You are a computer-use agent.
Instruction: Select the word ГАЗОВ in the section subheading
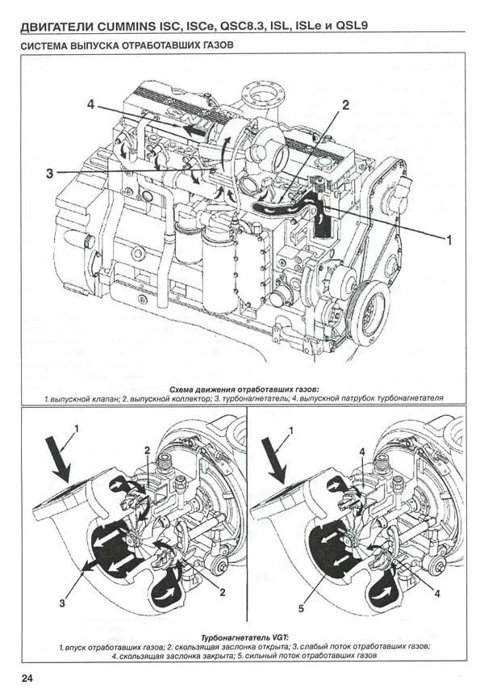pyautogui.click(x=218, y=45)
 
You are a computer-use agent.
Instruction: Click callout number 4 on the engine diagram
pyautogui.click(x=91, y=105)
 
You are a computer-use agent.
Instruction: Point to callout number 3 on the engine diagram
pyautogui.click(x=49, y=173)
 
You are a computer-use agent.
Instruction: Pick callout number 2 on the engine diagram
pyautogui.click(x=345, y=105)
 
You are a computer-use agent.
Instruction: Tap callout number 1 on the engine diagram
pyautogui.click(x=449, y=240)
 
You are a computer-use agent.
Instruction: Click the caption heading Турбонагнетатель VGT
pyautogui.click(x=244, y=638)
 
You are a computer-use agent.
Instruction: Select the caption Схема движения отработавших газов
pyautogui.click(x=244, y=390)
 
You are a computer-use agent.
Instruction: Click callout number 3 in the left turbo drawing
pyautogui.click(x=62, y=603)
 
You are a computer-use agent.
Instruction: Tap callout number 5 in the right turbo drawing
pyautogui.click(x=301, y=608)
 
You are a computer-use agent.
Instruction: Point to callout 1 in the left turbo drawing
pyautogui.click(x=77, y=428)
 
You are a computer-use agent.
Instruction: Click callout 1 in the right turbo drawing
pyautogui.click(x=290, y=430)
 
